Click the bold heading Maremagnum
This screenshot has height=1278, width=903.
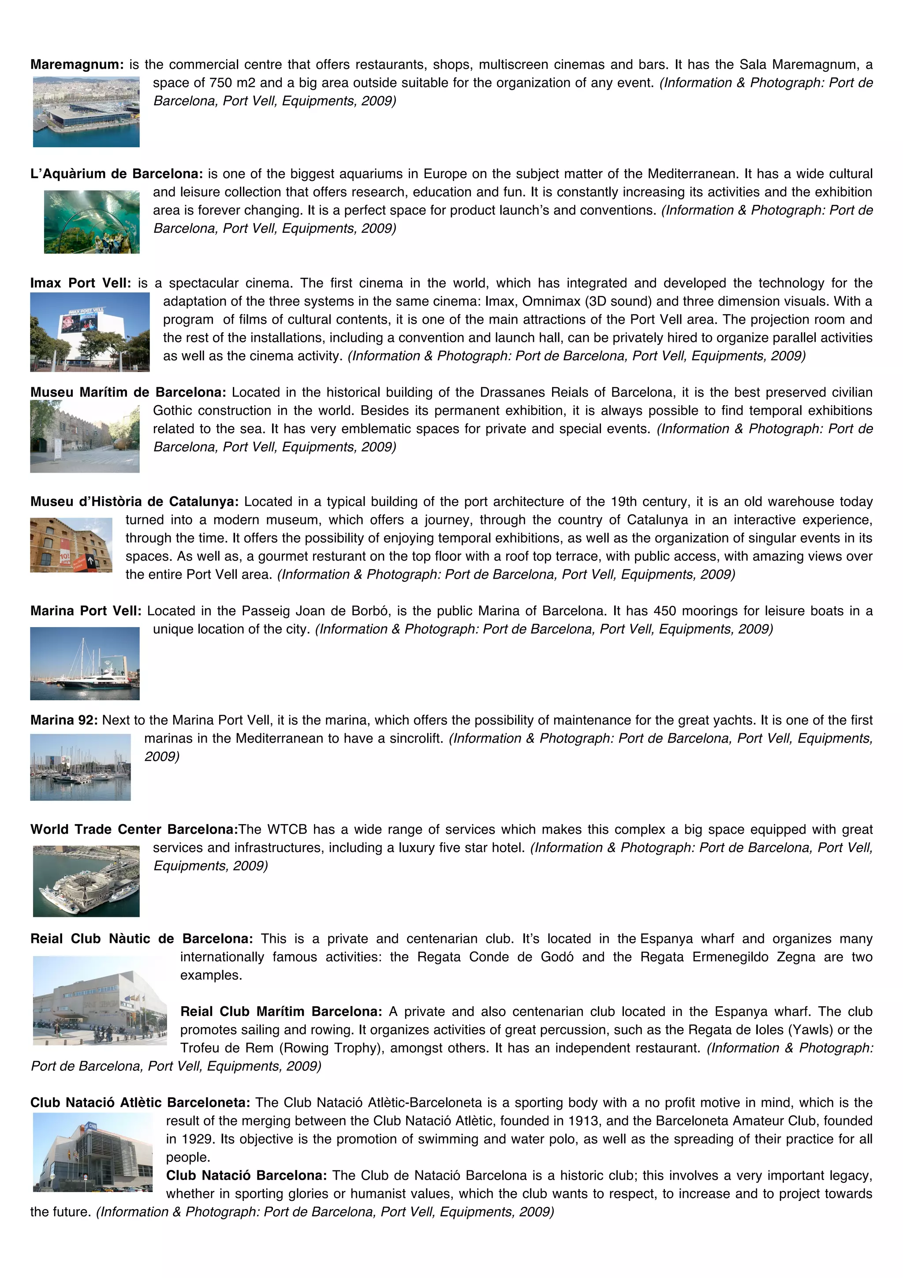click(x=77, y=64)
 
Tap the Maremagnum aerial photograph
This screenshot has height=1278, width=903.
click(x=86, y=112)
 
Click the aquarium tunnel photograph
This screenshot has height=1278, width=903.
click(x=92, y=221)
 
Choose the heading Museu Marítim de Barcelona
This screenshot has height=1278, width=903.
click(x=128, y=392)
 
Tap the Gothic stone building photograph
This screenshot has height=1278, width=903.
click(x=85, y=437)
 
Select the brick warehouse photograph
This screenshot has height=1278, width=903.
click(x=71, y=545)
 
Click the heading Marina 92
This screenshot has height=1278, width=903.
click(x=64, y=720)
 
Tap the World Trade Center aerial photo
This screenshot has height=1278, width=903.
click(x=86, y=881)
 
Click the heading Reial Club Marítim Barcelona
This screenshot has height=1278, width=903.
click(x=281, y=1011)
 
